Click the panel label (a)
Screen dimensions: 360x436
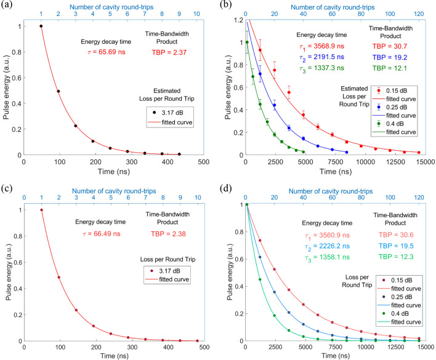(x=7, y=6)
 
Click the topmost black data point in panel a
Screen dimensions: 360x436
(x=41, y=26)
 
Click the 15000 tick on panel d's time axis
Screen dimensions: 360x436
(x=425, y=348)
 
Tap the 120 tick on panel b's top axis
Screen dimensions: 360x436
(x=419, y=12)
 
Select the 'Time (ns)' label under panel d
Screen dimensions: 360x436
(x=336, y=356)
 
